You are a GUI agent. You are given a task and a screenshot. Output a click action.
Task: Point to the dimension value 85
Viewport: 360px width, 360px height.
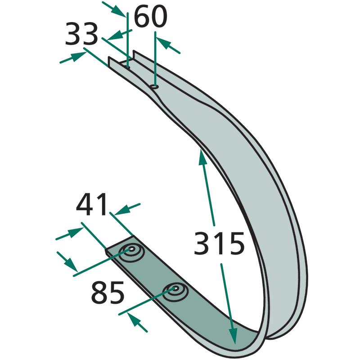pos(108,292)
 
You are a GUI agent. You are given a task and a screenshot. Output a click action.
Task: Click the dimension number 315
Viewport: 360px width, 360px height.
pos(219,243)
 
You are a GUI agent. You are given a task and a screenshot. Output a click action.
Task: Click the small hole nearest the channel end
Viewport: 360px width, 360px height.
pos(128,67)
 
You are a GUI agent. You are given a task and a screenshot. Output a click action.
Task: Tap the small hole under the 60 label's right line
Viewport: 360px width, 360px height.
pos(154,86)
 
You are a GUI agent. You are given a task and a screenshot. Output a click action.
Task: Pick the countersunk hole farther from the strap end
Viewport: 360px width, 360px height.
pos(175,289)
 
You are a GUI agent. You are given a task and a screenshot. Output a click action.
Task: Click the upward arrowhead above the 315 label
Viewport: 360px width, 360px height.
pos(202,157)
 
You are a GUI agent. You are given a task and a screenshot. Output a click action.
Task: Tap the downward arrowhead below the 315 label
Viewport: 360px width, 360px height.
pos(233,336)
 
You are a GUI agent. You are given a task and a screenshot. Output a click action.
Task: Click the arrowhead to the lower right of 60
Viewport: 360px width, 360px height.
pos(164,43)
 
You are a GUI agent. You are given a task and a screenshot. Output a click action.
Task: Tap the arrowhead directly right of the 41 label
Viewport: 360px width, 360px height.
pos(121,210)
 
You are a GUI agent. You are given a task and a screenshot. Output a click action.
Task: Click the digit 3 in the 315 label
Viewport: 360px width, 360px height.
pos(202,243)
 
